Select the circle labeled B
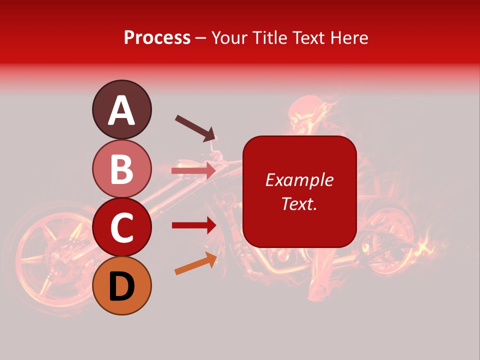point(121,168)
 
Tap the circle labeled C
point(121,227)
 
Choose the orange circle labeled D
point(121,285)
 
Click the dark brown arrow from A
point(195,128)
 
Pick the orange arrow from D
point(195,263)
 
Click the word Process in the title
point(157,37)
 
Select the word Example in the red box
point(299,180)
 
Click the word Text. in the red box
point(299,203)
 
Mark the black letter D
point(121,286)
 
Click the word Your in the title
point(230,37)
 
